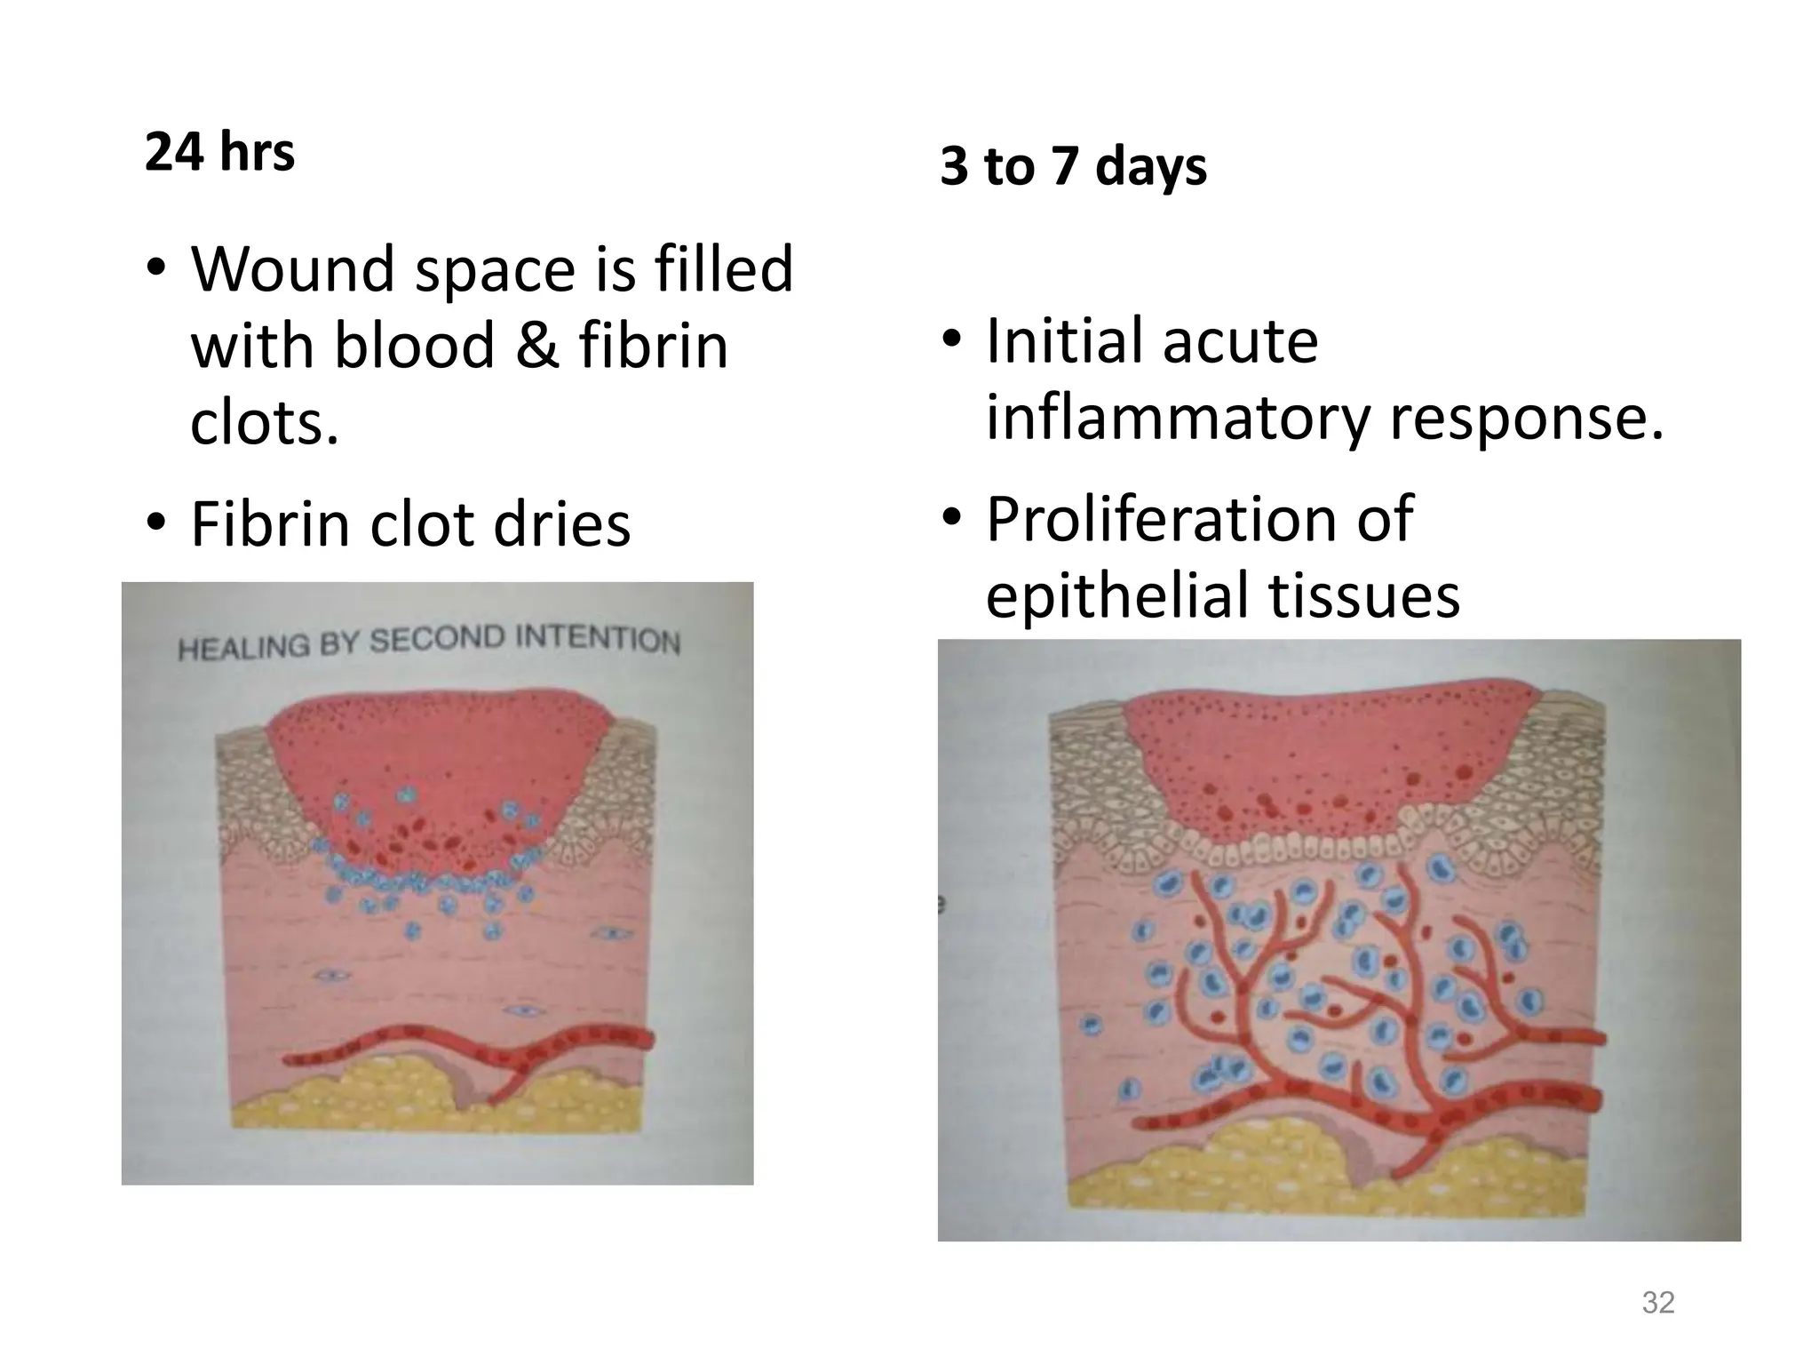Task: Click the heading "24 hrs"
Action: click(x=219, y=152)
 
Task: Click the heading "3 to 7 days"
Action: click(x=1073, y=166)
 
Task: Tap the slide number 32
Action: click(x=1658, y=1302)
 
